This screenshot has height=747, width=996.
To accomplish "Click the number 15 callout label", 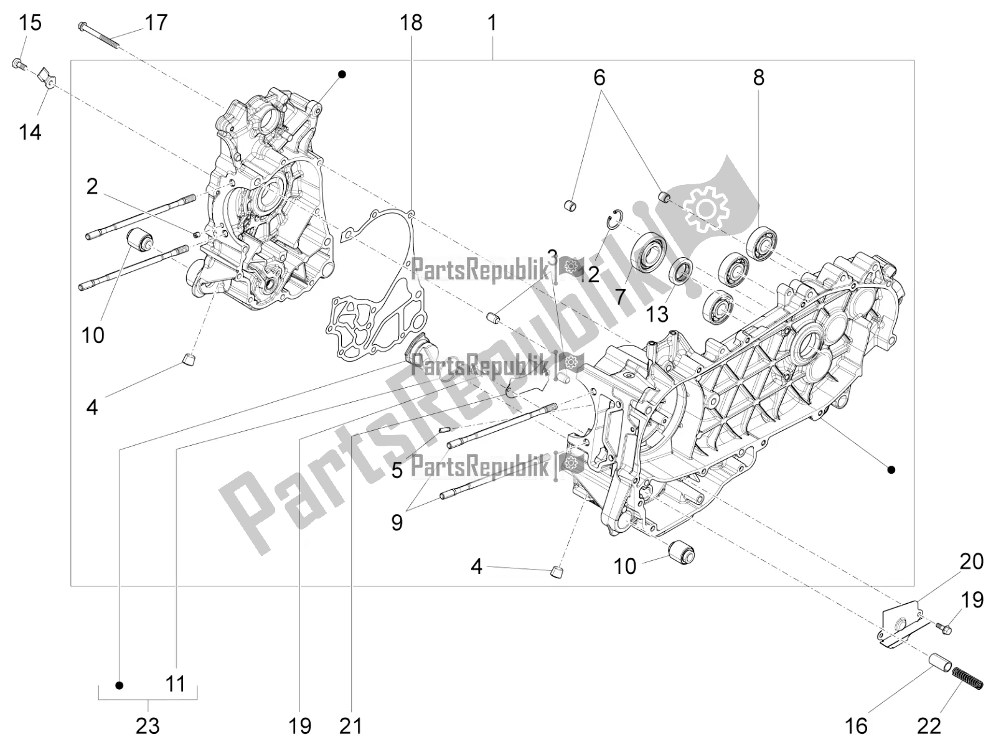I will (x=30, y=24).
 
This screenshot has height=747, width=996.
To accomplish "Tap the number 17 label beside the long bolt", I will (x=156, y=24).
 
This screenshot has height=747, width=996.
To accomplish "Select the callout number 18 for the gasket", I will (x=411, y=24).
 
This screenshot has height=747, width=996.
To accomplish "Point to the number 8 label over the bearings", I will (x=758, y=78).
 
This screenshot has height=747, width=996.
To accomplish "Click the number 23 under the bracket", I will (x=148, y=726).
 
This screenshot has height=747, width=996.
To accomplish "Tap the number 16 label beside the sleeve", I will (x=857, y=726).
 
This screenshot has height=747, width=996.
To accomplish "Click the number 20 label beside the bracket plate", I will (x=971, y=561).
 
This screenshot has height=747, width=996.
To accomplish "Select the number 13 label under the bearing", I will (x=657, y=314).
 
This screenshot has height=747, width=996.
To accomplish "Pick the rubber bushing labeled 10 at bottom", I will (x=680, y=552).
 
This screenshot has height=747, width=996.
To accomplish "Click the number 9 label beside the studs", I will (x=397, y=522).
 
